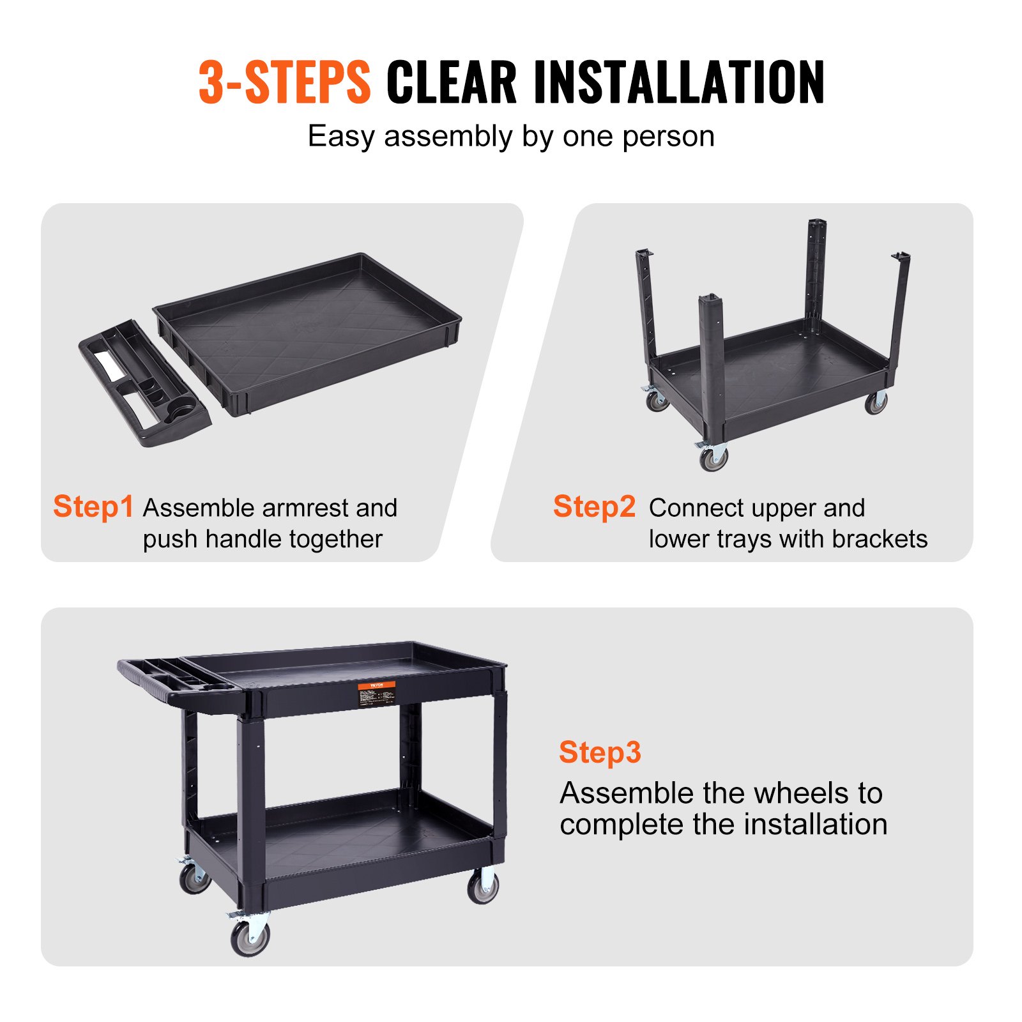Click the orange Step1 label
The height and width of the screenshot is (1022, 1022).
(93, 507)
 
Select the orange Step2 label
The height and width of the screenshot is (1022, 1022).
(594, 507)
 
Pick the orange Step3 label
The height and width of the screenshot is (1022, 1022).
(599, 752)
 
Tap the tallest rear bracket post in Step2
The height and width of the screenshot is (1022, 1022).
(816, 268)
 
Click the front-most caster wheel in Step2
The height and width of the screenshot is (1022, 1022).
(713, 458)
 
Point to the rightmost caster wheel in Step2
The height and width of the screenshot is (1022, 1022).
(876, 402)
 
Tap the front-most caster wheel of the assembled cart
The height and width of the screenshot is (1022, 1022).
(250, 938)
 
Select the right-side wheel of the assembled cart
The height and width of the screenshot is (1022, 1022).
(483, 887)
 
